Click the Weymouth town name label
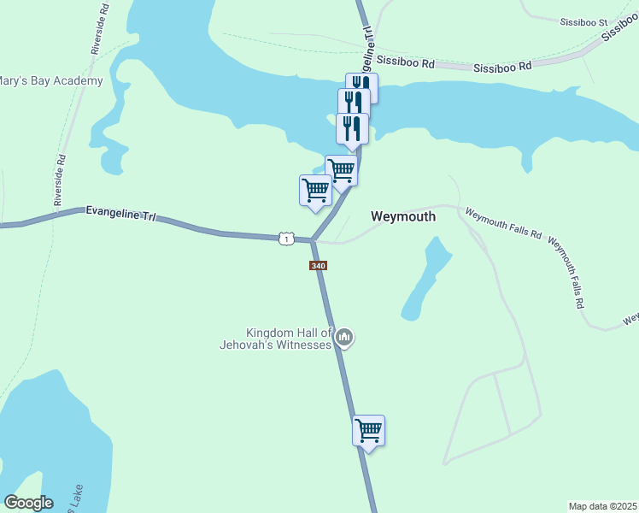[x=403, y=216]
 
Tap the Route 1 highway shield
[x=286, y=239]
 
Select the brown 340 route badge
[x=318, y=266]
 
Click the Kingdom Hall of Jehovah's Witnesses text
[x=288, y=339]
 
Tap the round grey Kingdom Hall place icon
[x=345, y=339]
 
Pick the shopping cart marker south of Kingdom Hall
[x=369, y=430]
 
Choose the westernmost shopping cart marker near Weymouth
[x=315, y=190]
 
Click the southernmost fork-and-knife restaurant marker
[x=352, y=128]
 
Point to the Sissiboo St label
[x=583, y=21]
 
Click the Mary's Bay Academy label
[x=51, y=81]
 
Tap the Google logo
[x=28, y=503]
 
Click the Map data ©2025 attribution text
[x=602, y=506]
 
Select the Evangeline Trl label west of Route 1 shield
[x=120, y=214]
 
